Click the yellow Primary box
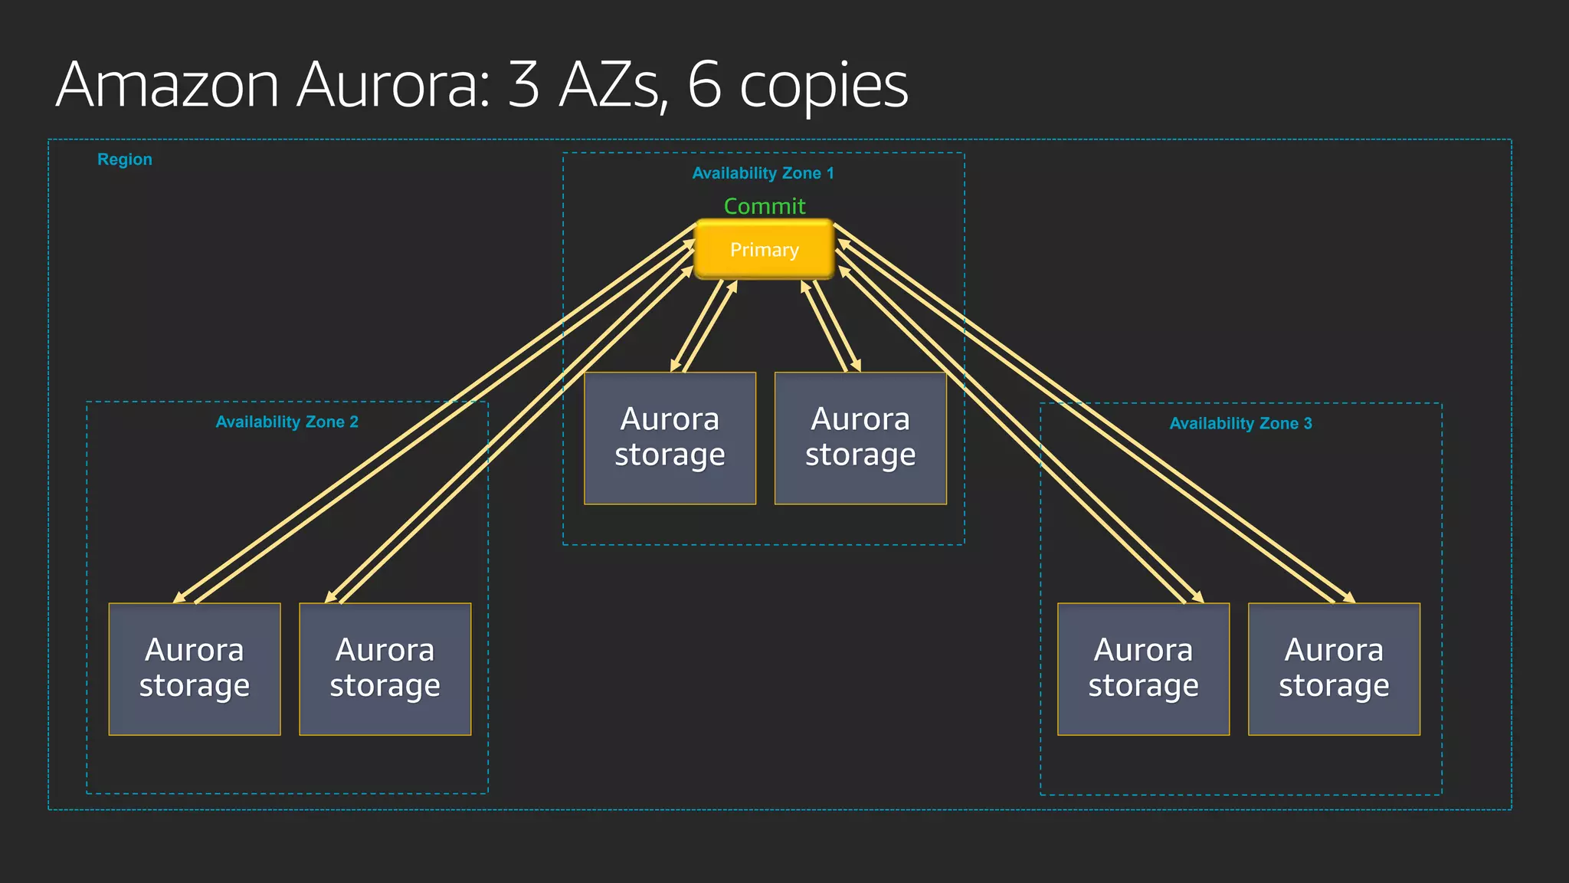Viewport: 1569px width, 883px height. [x=764, y=250]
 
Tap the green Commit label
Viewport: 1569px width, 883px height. [x=765, y=206]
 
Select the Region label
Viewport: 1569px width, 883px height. [x=125, y=159]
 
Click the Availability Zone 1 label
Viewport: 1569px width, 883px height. [x=763, y=173]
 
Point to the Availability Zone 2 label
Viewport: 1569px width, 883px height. [x=287, y=422]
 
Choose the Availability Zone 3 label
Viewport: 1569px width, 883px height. [x=1240, y=423]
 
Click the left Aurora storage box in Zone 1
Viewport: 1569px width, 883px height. [x=670, y=438]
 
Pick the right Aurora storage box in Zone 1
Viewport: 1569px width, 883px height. [x=860, y=438]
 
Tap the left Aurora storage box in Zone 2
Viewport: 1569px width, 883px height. [x=195, y=669]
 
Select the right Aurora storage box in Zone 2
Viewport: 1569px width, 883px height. [x=385, y=669]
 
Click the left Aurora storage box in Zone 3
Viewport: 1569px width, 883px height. [x=1143, y=669]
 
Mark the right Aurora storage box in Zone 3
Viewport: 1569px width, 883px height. [x=1334, y=669]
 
